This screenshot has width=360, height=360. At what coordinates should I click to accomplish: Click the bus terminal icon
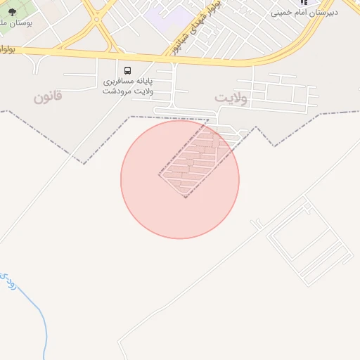coord(127,70)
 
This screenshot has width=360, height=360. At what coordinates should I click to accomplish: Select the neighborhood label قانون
coord(48,96)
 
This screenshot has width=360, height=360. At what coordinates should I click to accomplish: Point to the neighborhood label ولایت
coord(231,98)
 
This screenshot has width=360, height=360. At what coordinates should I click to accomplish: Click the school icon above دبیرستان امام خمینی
coord(304,3)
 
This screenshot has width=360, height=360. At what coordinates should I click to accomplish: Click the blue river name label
coord(8,281)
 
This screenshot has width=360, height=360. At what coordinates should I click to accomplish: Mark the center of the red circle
coord(180,179)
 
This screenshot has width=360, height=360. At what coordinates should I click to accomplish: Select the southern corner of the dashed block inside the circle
coord(185,198)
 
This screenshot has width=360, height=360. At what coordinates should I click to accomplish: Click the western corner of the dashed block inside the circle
coord(159,174)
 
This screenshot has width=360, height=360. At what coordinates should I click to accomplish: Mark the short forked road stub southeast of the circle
coord(257,224)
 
